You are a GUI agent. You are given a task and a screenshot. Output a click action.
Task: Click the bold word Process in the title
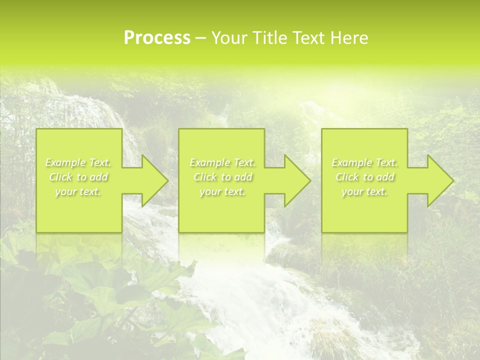157,38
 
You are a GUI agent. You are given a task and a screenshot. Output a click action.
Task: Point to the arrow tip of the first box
166,180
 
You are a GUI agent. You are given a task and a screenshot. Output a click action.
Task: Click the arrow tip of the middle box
309,180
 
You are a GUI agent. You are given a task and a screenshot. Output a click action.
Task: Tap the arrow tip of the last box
452,180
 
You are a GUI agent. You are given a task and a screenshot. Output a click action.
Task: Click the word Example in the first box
65,162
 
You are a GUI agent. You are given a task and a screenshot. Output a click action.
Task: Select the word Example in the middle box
209,162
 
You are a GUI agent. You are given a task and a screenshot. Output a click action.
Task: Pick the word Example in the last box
351,162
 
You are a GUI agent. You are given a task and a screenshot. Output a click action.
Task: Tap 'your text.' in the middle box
222,191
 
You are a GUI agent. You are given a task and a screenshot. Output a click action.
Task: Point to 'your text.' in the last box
364,191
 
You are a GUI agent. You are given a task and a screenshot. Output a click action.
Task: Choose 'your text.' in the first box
78,191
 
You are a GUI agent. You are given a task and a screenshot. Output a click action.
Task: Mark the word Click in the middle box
205,177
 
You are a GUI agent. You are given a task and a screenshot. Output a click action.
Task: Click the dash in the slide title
200,38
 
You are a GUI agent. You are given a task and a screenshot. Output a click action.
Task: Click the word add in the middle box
242,177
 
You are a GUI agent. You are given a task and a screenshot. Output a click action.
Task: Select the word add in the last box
385,177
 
